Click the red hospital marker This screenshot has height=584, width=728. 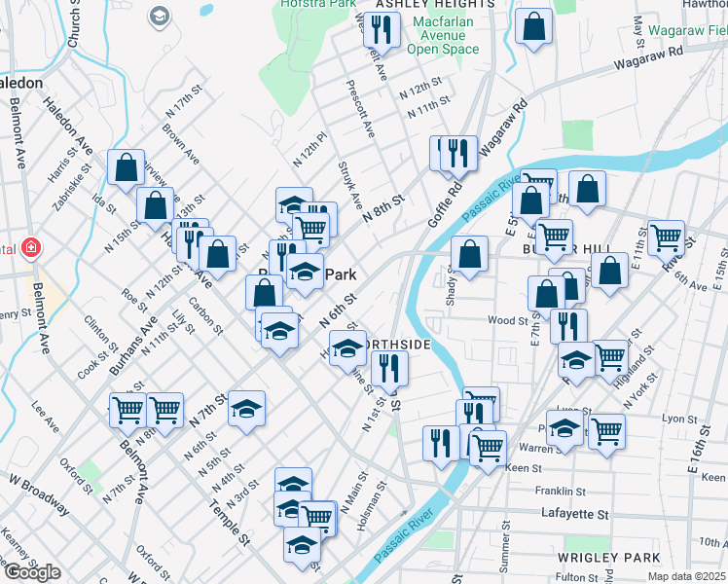[x=31, y=248]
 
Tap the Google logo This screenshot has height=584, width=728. [x=32, y=572]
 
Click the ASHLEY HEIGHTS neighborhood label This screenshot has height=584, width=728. [x=420, y=5]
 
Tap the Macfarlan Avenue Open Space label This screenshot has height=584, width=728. [x=444, y=35]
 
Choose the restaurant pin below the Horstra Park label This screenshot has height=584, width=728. [x=382, y=29]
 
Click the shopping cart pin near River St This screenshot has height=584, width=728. [x=666, y=236]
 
